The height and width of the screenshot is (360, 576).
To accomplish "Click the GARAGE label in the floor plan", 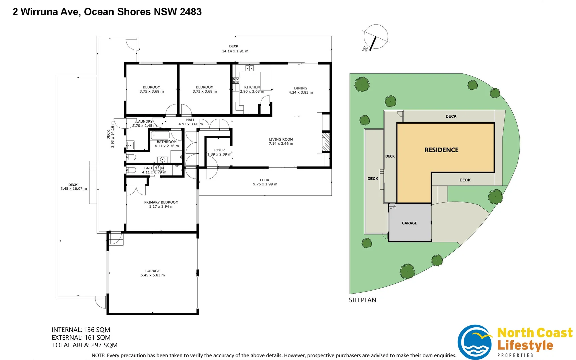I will pyautogui.click(x=153, y=271).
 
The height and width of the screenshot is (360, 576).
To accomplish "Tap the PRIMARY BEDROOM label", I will pyautogui.click(x=161, y=202).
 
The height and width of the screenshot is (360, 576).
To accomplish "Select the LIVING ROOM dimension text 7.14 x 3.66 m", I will pyautogui.click(x=281, y=144).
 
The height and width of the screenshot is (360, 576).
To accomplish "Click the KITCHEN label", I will pyautogui.click(x=252, y=87).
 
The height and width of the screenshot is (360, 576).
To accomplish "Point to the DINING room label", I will pyautogui.click(x=300, y=88).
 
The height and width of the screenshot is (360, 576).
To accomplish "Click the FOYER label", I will pyautogui.click(x=219, y=150).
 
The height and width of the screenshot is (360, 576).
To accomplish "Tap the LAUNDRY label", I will pyautogui.click(x=144, y=121).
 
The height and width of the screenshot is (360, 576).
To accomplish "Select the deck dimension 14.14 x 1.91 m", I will pyautogui.click(x=235, y=51).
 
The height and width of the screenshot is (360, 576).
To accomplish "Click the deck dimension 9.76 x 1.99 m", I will pyautogui.click(x=265, y=184).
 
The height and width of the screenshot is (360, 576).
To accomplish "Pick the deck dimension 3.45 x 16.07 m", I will pyautogui.click(x=74, y=189).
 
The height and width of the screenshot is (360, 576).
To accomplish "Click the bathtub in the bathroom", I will pyautogui.click(x=160, y=136).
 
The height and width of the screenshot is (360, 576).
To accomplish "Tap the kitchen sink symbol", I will pyautogui.click(x=250, y=68).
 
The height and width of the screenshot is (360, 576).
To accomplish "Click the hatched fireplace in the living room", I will pyautogui.click(x=326, y=142).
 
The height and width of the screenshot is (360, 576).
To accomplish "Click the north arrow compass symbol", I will pyautogui.click(x=375, y=37).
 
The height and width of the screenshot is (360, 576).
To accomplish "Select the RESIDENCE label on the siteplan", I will pyautogui.click(x=441, y=150).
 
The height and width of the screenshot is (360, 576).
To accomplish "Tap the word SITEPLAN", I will pyautogui.click(x=362, y=300).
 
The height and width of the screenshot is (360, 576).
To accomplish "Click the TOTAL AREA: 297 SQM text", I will pyautogui.click(x=85, y=345).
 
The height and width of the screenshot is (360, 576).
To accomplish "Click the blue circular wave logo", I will pyautogui.click(x=475, y=342).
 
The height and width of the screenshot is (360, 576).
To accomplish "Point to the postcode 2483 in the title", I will pyautogui.click(x=191, y=12).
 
